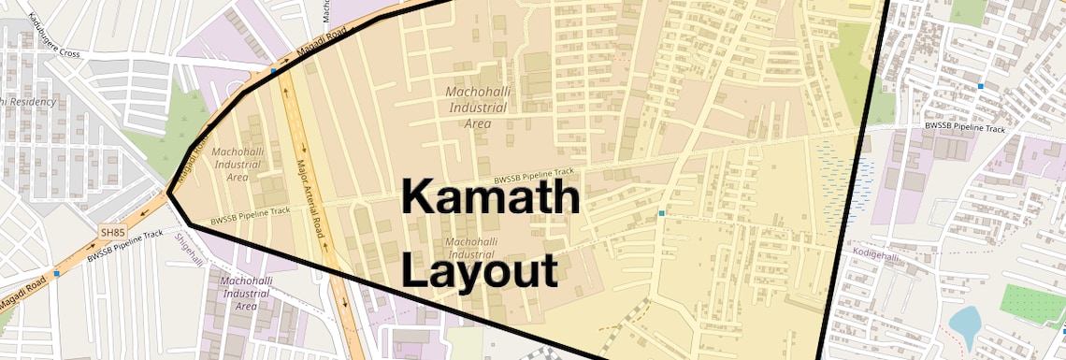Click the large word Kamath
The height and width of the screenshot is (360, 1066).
tap(491, 200)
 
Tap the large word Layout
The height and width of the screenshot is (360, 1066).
tap(480, 271)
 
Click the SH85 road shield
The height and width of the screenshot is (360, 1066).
tap(112, 231)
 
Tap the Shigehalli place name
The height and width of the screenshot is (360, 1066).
tap(189, 248)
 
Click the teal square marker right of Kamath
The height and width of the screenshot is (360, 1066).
tap(661, 214)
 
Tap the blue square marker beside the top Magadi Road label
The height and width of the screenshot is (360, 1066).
tap(273, 70)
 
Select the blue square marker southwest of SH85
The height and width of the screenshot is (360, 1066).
tap(57, 274)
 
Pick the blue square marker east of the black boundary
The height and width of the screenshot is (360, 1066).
tap(980, 86)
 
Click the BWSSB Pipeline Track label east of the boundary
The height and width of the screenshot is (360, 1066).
tap(964, 127)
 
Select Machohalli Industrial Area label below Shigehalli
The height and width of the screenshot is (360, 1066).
tap(246, 293)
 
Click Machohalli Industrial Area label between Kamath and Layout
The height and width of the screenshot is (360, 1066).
tap(471, 247)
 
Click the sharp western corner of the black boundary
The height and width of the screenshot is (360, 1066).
tap(169, 194)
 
